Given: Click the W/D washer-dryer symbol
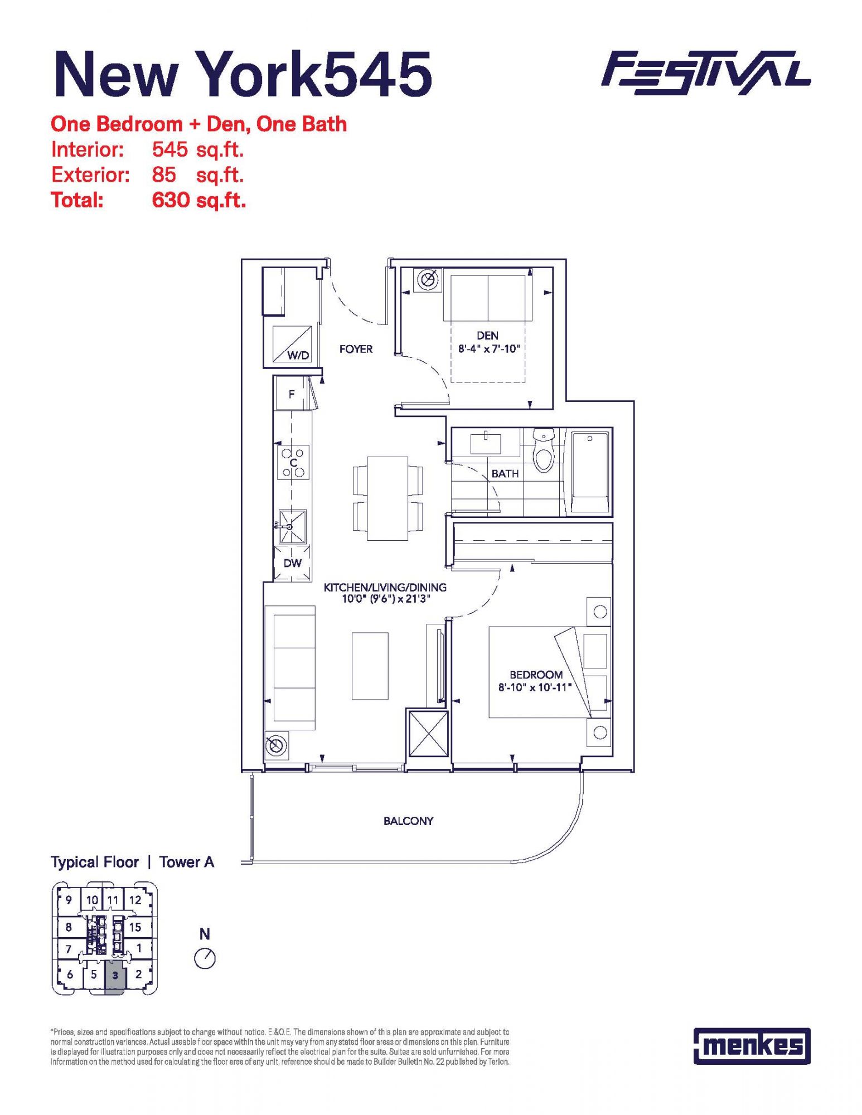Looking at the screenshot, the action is pyautogui.click(x=292, y=344).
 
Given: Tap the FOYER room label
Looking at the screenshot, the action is pyautogui.click(x=356, y=349).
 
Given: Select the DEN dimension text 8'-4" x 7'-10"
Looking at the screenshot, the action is pyautogui.click(x=488, y=349).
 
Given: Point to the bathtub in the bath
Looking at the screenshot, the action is pyautogui.click(x=589, y=472).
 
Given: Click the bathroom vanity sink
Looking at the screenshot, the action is pyautogui.click(x=486, y=444).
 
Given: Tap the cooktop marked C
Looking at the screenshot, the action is pyautogui.click(x=293, y=462).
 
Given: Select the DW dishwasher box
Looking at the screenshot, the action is pyautogui.click(x=292, y=563).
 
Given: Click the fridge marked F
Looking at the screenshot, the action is pyautogui.click(x=291, y=394).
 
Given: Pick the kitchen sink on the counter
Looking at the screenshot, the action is pyautogui.click(x=292, y=526).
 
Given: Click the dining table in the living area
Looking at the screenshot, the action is pyautogui.click(x=387, y=498).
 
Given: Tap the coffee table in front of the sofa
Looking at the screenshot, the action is pyautogui.click(x=370, y=666).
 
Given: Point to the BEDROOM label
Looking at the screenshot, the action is pyautogui.click(x=536, y=675).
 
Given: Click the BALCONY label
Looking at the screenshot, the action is pyautogui.click(x=408, y=821).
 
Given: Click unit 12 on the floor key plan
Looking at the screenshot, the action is pyautogui.click(x=135, y=900).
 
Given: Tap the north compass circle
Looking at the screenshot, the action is pyautogui.click(x=205, y=959).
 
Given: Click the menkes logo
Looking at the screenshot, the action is pyautogui.click(x=752, y=1046).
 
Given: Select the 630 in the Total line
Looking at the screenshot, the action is pyautogui.click(x=171, y=200).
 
